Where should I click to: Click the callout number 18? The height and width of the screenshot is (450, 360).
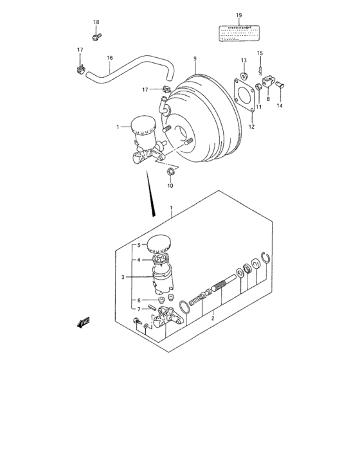pyautogui.click(x=96, y=22)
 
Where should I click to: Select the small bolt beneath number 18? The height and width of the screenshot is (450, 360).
pyautogui.click(x=95, y=37)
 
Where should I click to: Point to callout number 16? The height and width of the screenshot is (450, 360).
pyautogui.click(x=110, y=58)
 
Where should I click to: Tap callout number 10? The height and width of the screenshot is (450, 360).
pyautogui.click(x=170, y=186)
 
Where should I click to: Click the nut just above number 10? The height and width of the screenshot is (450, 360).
pyautogui.click(x=170, y=171)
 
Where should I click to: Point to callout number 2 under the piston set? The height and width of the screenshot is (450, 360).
pyautogui.click(x=212, y=316)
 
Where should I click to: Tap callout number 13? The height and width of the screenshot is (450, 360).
pyautogui.click(x=244, y=60)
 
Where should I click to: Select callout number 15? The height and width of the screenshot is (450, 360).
pyautogui.click(x=260, y=53)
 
